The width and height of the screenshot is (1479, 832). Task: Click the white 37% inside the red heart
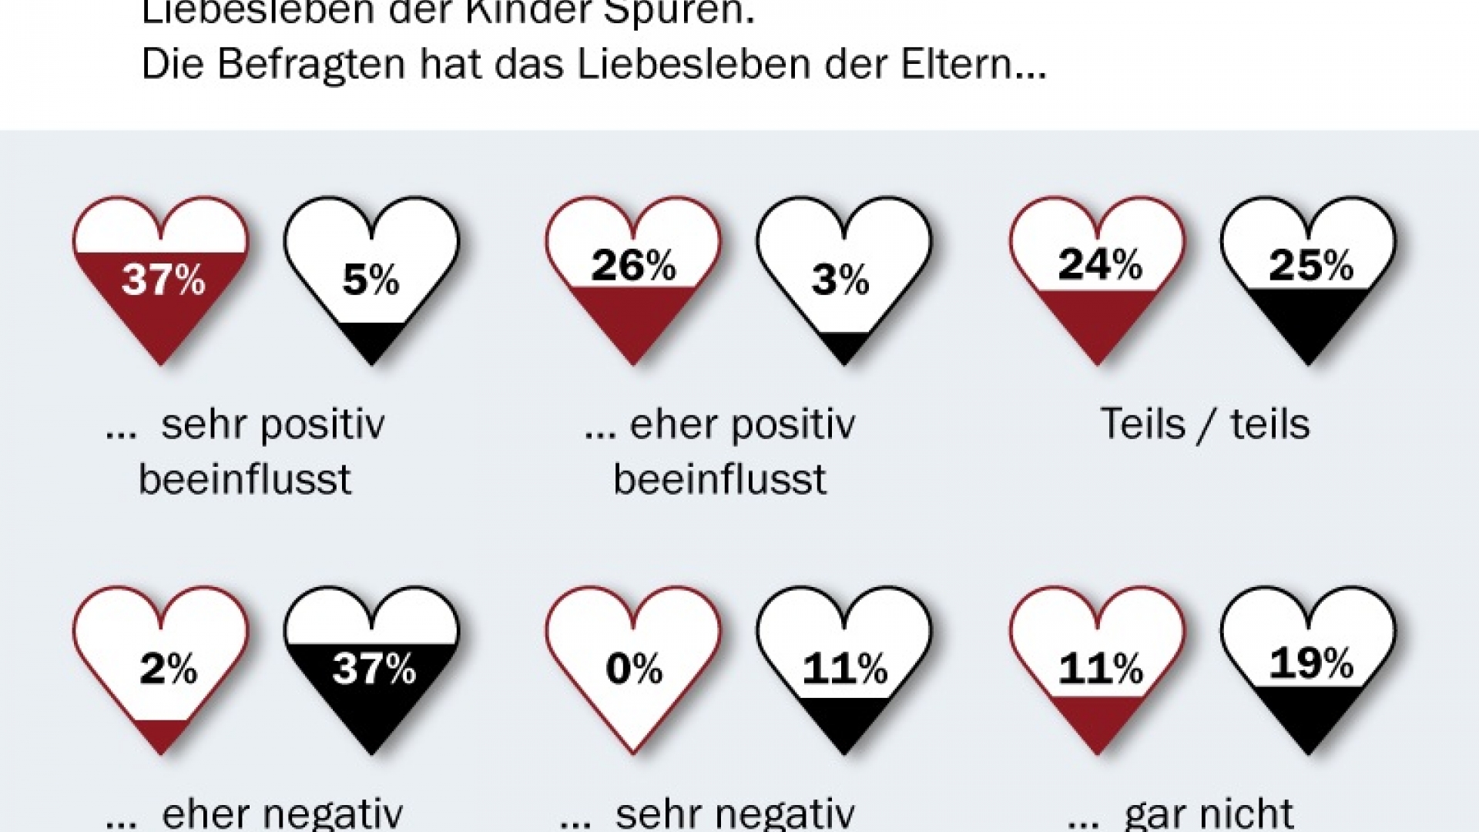163,279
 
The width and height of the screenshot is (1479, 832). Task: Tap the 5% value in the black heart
371,280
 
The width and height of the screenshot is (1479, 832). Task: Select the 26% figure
633,265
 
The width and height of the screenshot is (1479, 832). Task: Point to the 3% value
840,280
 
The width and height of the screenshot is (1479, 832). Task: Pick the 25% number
1311,265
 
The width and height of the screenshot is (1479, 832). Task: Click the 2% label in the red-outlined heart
168,668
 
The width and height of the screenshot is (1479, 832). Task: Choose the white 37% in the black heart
374,668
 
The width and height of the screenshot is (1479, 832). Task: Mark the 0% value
634,668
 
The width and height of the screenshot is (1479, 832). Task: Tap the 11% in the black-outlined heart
845,668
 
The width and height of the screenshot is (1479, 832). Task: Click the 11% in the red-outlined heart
1100,668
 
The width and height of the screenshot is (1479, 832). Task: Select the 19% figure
1311,662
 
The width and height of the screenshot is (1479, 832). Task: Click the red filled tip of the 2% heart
162,736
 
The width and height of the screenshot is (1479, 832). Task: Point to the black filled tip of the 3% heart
845,347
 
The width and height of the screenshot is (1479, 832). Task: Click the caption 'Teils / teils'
1205,424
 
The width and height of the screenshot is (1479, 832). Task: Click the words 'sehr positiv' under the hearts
273,424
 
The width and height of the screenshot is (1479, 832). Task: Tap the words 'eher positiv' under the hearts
743,424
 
